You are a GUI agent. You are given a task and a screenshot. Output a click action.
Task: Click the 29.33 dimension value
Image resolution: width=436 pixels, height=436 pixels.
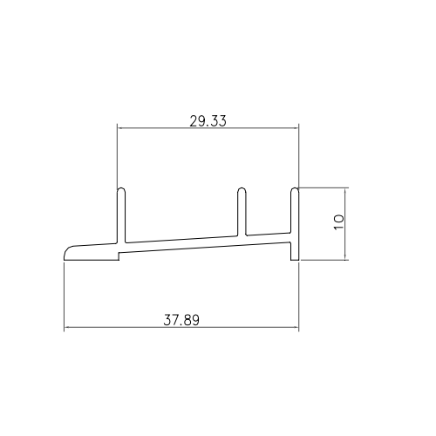pos(208,121)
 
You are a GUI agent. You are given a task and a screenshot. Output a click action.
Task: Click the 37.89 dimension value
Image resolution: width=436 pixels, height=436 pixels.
pos(181,320)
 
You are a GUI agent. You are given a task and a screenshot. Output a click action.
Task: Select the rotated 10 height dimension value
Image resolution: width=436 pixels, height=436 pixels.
pos(338,222)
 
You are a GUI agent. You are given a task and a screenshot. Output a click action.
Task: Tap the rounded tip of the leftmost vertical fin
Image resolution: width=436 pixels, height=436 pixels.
pos(121,189)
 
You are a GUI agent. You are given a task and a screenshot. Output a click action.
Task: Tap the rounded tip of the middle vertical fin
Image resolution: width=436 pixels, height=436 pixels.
pos(242,189)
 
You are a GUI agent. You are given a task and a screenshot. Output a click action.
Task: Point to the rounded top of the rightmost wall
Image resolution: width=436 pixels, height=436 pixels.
pos(295,189)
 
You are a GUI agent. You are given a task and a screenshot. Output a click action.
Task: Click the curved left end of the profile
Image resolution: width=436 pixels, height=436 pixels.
pos(67,250)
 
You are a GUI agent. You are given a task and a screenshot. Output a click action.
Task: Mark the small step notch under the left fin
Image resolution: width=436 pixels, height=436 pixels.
pos(119,255)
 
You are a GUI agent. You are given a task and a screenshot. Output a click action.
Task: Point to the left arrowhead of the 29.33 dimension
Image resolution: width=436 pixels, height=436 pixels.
pos(119,127)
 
